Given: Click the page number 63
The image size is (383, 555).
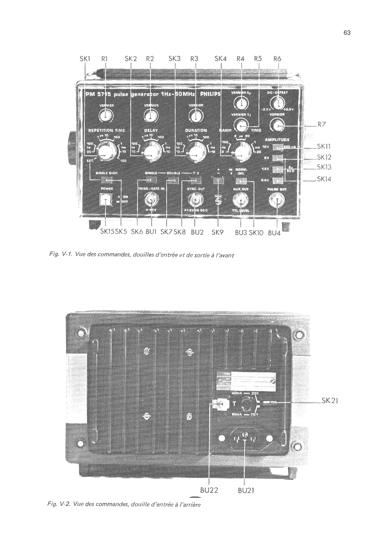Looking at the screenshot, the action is point(347,33).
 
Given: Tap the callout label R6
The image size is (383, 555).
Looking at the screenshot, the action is point(277,59).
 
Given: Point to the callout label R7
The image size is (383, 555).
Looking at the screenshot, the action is point(321,125).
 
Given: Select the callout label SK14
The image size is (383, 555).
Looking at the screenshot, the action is point(324,179).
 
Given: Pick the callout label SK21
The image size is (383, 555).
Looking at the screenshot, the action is point(330,401).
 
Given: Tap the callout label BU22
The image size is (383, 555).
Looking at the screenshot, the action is point(209,490).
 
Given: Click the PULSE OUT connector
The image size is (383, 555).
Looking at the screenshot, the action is point(277,201).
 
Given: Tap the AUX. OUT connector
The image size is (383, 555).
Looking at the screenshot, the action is point(241,201).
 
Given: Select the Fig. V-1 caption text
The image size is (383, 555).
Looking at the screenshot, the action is point(141,255).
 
